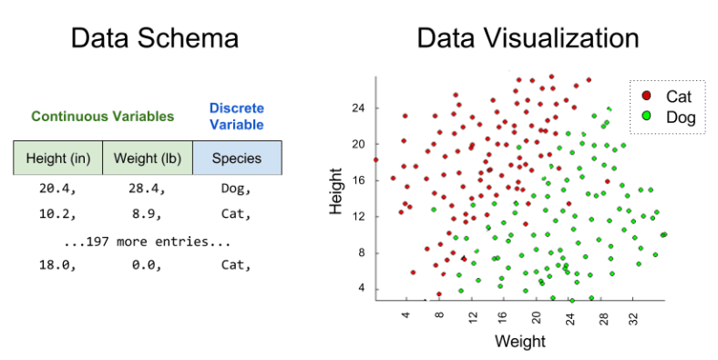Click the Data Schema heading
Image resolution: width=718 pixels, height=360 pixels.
coord(155,38)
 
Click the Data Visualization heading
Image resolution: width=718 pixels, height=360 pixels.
coord(528,38)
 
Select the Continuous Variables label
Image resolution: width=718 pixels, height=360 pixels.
coord(102,117)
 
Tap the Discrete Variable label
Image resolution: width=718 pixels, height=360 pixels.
coord(236,116)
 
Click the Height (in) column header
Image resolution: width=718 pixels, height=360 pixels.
coord(57,158)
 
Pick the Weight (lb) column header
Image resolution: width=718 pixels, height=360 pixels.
coord(147,158)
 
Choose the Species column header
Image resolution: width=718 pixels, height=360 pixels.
coord(237,158)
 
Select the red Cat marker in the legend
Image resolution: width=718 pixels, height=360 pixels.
coord(646,96)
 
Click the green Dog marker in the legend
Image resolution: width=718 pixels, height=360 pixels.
coord(646,116)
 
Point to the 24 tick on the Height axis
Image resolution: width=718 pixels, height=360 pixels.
coord(358,108)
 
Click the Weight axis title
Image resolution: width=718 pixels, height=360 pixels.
coord(519,342)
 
